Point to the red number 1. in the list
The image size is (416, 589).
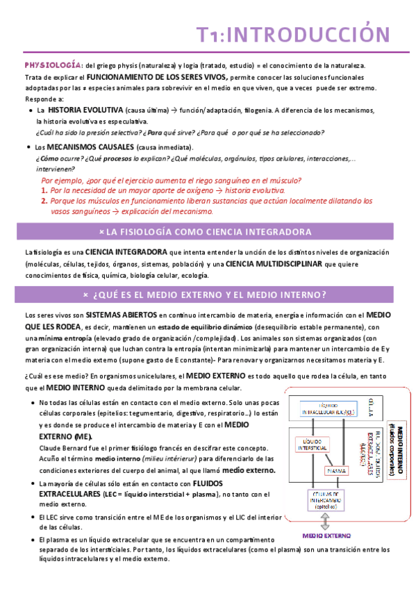(x=44, y=190)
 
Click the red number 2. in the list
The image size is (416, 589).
(x=44, y=200)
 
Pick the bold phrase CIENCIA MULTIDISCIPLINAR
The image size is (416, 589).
(x=274, y=264)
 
